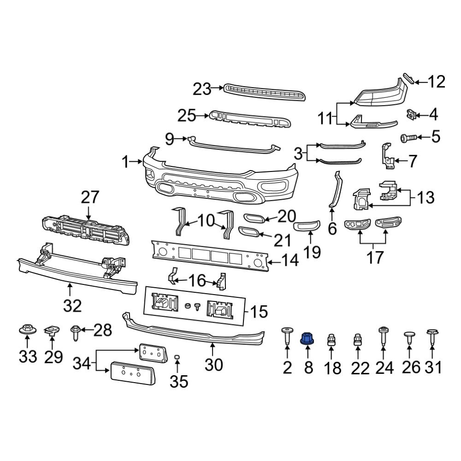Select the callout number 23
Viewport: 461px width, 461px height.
(201, 89)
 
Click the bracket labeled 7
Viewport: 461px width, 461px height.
(386, 156)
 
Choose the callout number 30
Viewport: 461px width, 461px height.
(213, 365)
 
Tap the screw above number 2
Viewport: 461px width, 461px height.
(287, 336)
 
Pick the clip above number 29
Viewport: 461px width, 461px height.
(52, 330)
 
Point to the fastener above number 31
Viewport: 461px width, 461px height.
(432, 337)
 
